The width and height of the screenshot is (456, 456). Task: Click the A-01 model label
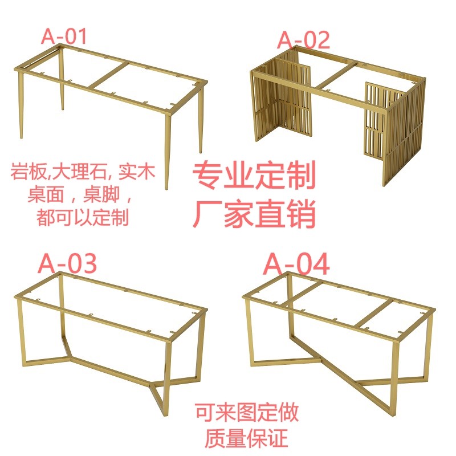64,36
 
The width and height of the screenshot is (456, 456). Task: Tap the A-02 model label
303,40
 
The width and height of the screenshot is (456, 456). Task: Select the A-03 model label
67,263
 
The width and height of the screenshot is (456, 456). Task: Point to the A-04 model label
296,264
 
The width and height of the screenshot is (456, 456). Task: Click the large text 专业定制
254,175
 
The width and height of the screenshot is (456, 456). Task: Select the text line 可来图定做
247,412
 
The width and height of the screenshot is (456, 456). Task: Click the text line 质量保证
247,438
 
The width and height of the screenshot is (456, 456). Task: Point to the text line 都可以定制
83,217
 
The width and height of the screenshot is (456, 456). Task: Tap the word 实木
137,172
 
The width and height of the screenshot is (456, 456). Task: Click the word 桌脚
101,194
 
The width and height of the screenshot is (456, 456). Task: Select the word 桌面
46,194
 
